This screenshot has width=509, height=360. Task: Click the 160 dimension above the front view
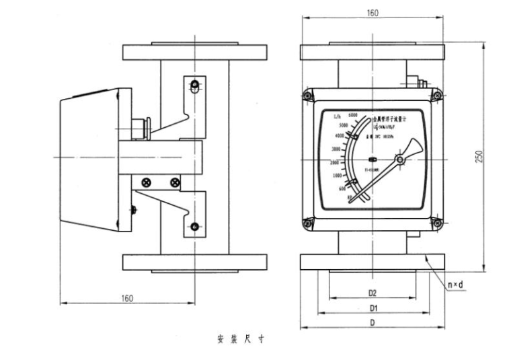(x=372, y=13)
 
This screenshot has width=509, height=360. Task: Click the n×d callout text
(x=457, y=285)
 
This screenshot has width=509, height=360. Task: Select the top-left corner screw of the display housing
(x=307, y=96)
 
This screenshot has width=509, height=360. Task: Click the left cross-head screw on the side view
(x=146, y=182)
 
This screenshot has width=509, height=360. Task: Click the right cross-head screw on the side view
(x=175, y=182)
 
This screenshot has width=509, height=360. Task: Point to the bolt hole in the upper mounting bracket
(x=194, y=85)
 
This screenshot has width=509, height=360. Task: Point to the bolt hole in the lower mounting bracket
(x=194, y=225)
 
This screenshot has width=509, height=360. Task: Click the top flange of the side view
(x=194, y=51)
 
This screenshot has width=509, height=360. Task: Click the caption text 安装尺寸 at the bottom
(x=240, y=338)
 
